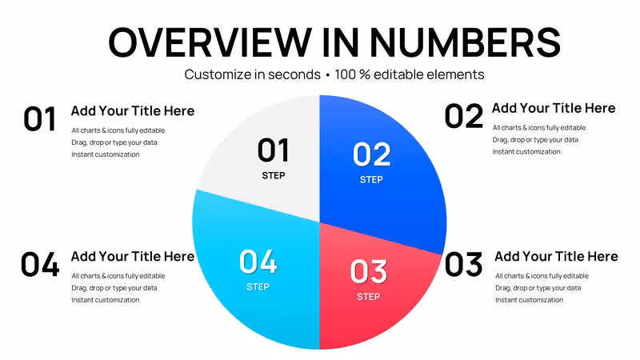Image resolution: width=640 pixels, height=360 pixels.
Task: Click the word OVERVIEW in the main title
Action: pyautogui.click(x=210, y=42)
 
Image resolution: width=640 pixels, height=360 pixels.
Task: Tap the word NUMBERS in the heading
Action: pyautogui.click(x=466, y=42)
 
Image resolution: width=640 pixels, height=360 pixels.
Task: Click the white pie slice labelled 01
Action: pyautogui.click(x=270, y=163)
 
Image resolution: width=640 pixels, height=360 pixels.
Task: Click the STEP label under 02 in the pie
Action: pyautogui.click(x=371, y=179)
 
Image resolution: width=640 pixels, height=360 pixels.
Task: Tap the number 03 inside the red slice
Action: pyautogui.click(x=369, y=271)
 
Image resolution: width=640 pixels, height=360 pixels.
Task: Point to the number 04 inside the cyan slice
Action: pyautogui.click(x=258, y=262)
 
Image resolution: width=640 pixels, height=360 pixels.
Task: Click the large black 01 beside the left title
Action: pyautogui.click(x=39, y=118)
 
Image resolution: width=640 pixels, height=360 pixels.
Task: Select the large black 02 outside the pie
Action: pyautogui.click(x=464, y=116)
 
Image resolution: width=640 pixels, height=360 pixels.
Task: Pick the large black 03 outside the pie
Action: pyautogui.click(x=464, y=264)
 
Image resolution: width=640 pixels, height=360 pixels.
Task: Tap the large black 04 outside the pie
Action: pyautogui.click(x=40, y=264)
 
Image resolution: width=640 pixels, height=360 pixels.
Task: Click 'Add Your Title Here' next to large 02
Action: pyautogui.click(x=554, y=108)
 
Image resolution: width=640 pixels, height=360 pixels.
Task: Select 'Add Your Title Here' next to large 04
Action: pyautogui.click(x=133, y=256)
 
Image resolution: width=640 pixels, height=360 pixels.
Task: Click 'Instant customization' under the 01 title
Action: pyautogui.click(x=106, y=154)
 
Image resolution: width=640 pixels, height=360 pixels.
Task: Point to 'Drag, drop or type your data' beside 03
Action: pyautogui.click(x=538, y=288)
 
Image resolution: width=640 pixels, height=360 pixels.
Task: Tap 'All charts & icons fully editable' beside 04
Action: pyautogui.click(x=118, y=276)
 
